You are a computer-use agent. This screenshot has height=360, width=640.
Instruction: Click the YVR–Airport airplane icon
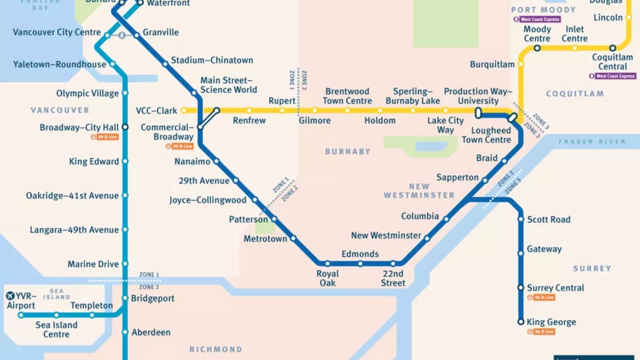coord(10,296)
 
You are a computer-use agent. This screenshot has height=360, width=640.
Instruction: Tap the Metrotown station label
coord(265,239)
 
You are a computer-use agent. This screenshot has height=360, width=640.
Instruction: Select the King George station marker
coord(521,322)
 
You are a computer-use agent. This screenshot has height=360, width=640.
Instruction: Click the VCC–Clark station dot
coord(184,110)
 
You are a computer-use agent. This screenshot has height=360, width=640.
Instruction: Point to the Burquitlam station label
coord(492,64)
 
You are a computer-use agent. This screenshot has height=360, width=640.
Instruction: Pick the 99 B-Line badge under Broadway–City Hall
coord(105,137)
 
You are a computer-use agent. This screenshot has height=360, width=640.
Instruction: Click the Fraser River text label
coord(592,142)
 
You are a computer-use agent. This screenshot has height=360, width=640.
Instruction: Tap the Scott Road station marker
coord(521,219)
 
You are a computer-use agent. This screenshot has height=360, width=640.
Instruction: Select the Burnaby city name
coord(348,152)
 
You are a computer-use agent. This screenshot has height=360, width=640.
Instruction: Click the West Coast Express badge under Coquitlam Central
coord(613,76)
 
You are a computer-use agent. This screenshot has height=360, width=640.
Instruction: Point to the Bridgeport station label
coord(152,298)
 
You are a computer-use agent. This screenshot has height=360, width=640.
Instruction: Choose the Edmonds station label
coord(360,254)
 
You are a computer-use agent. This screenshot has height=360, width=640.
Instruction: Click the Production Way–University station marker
coord(478,113)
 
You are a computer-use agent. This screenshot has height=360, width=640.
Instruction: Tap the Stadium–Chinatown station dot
coord(165,64)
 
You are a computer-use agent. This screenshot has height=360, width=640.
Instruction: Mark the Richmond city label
coord(216,349)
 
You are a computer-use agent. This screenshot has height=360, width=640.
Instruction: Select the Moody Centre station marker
coord(537,48)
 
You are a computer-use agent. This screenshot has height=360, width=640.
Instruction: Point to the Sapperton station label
coord(457,177)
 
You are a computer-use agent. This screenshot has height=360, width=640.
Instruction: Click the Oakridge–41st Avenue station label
coord(72,196)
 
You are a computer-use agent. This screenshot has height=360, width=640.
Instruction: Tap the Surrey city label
coord(592,268)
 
